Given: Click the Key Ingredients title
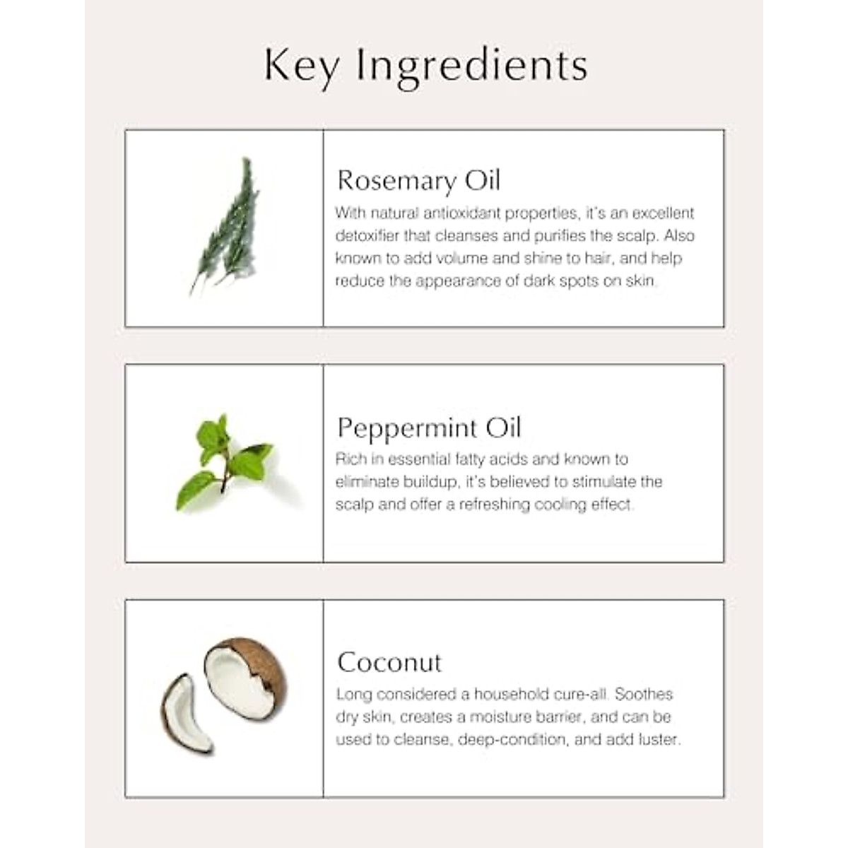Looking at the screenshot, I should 425,66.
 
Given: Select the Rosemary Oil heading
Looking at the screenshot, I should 418,180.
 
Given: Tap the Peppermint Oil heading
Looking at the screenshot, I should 429,428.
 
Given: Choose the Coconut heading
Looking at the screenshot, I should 389,662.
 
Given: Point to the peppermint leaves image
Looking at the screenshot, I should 224,461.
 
